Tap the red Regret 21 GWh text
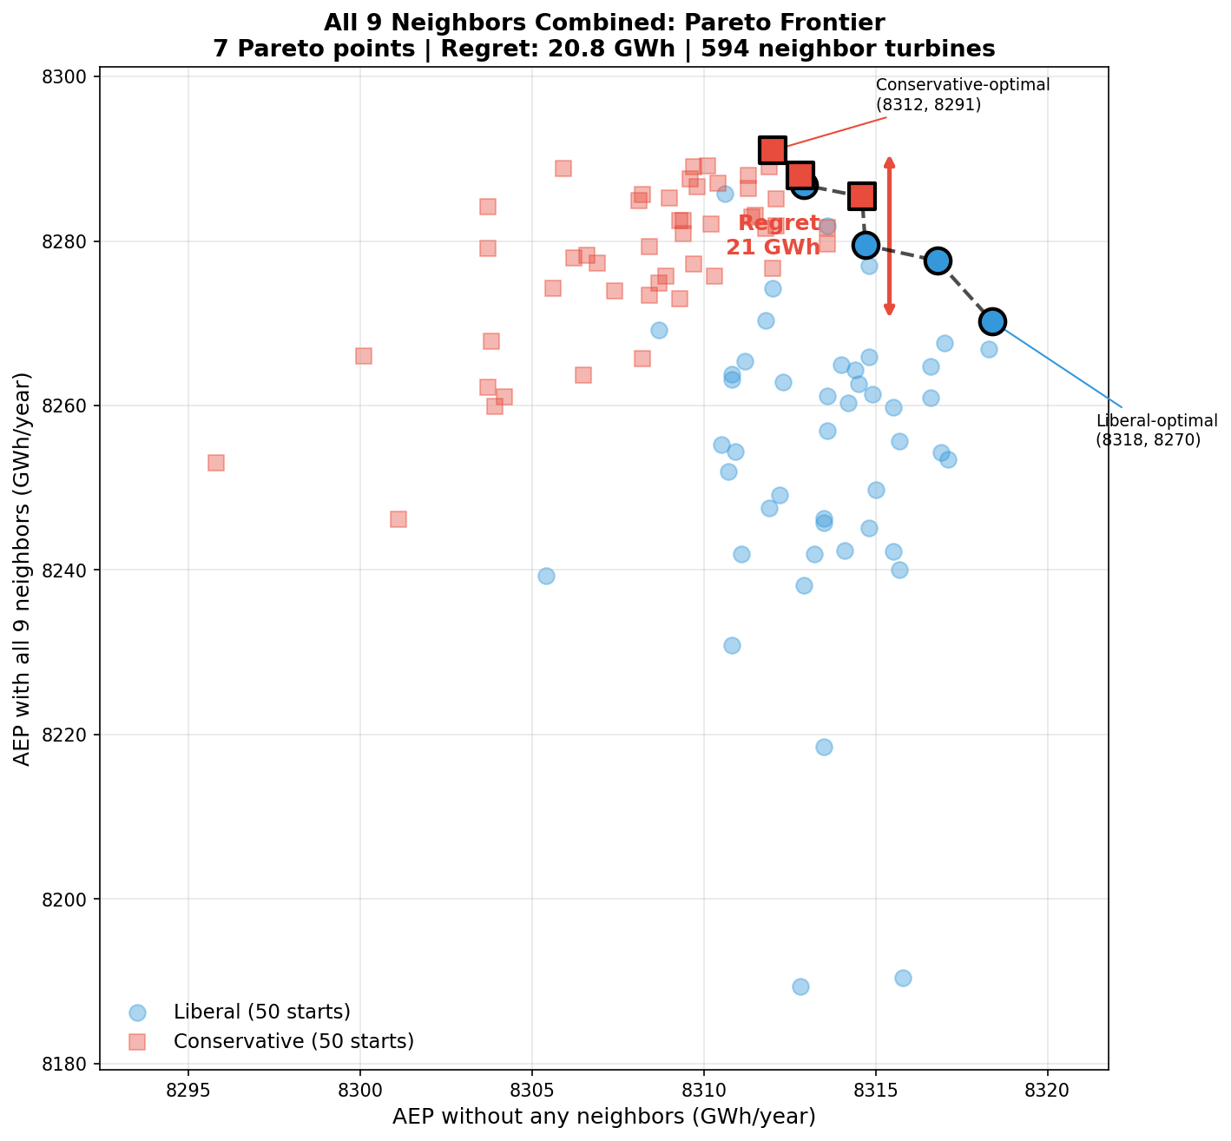[x=773, y=235]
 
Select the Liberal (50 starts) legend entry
[x=261, y=1012]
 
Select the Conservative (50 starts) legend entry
[x=293, y=1040]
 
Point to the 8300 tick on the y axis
[x=69, y=77]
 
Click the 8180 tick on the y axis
[x=69, y=1064]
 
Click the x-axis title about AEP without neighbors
[x=603, y=1117]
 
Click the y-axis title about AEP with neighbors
[x=23, y=569]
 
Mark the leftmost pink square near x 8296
[x=216, y=463]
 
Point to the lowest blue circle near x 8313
[x=800, y=986]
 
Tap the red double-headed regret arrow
[x=889, y=236]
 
